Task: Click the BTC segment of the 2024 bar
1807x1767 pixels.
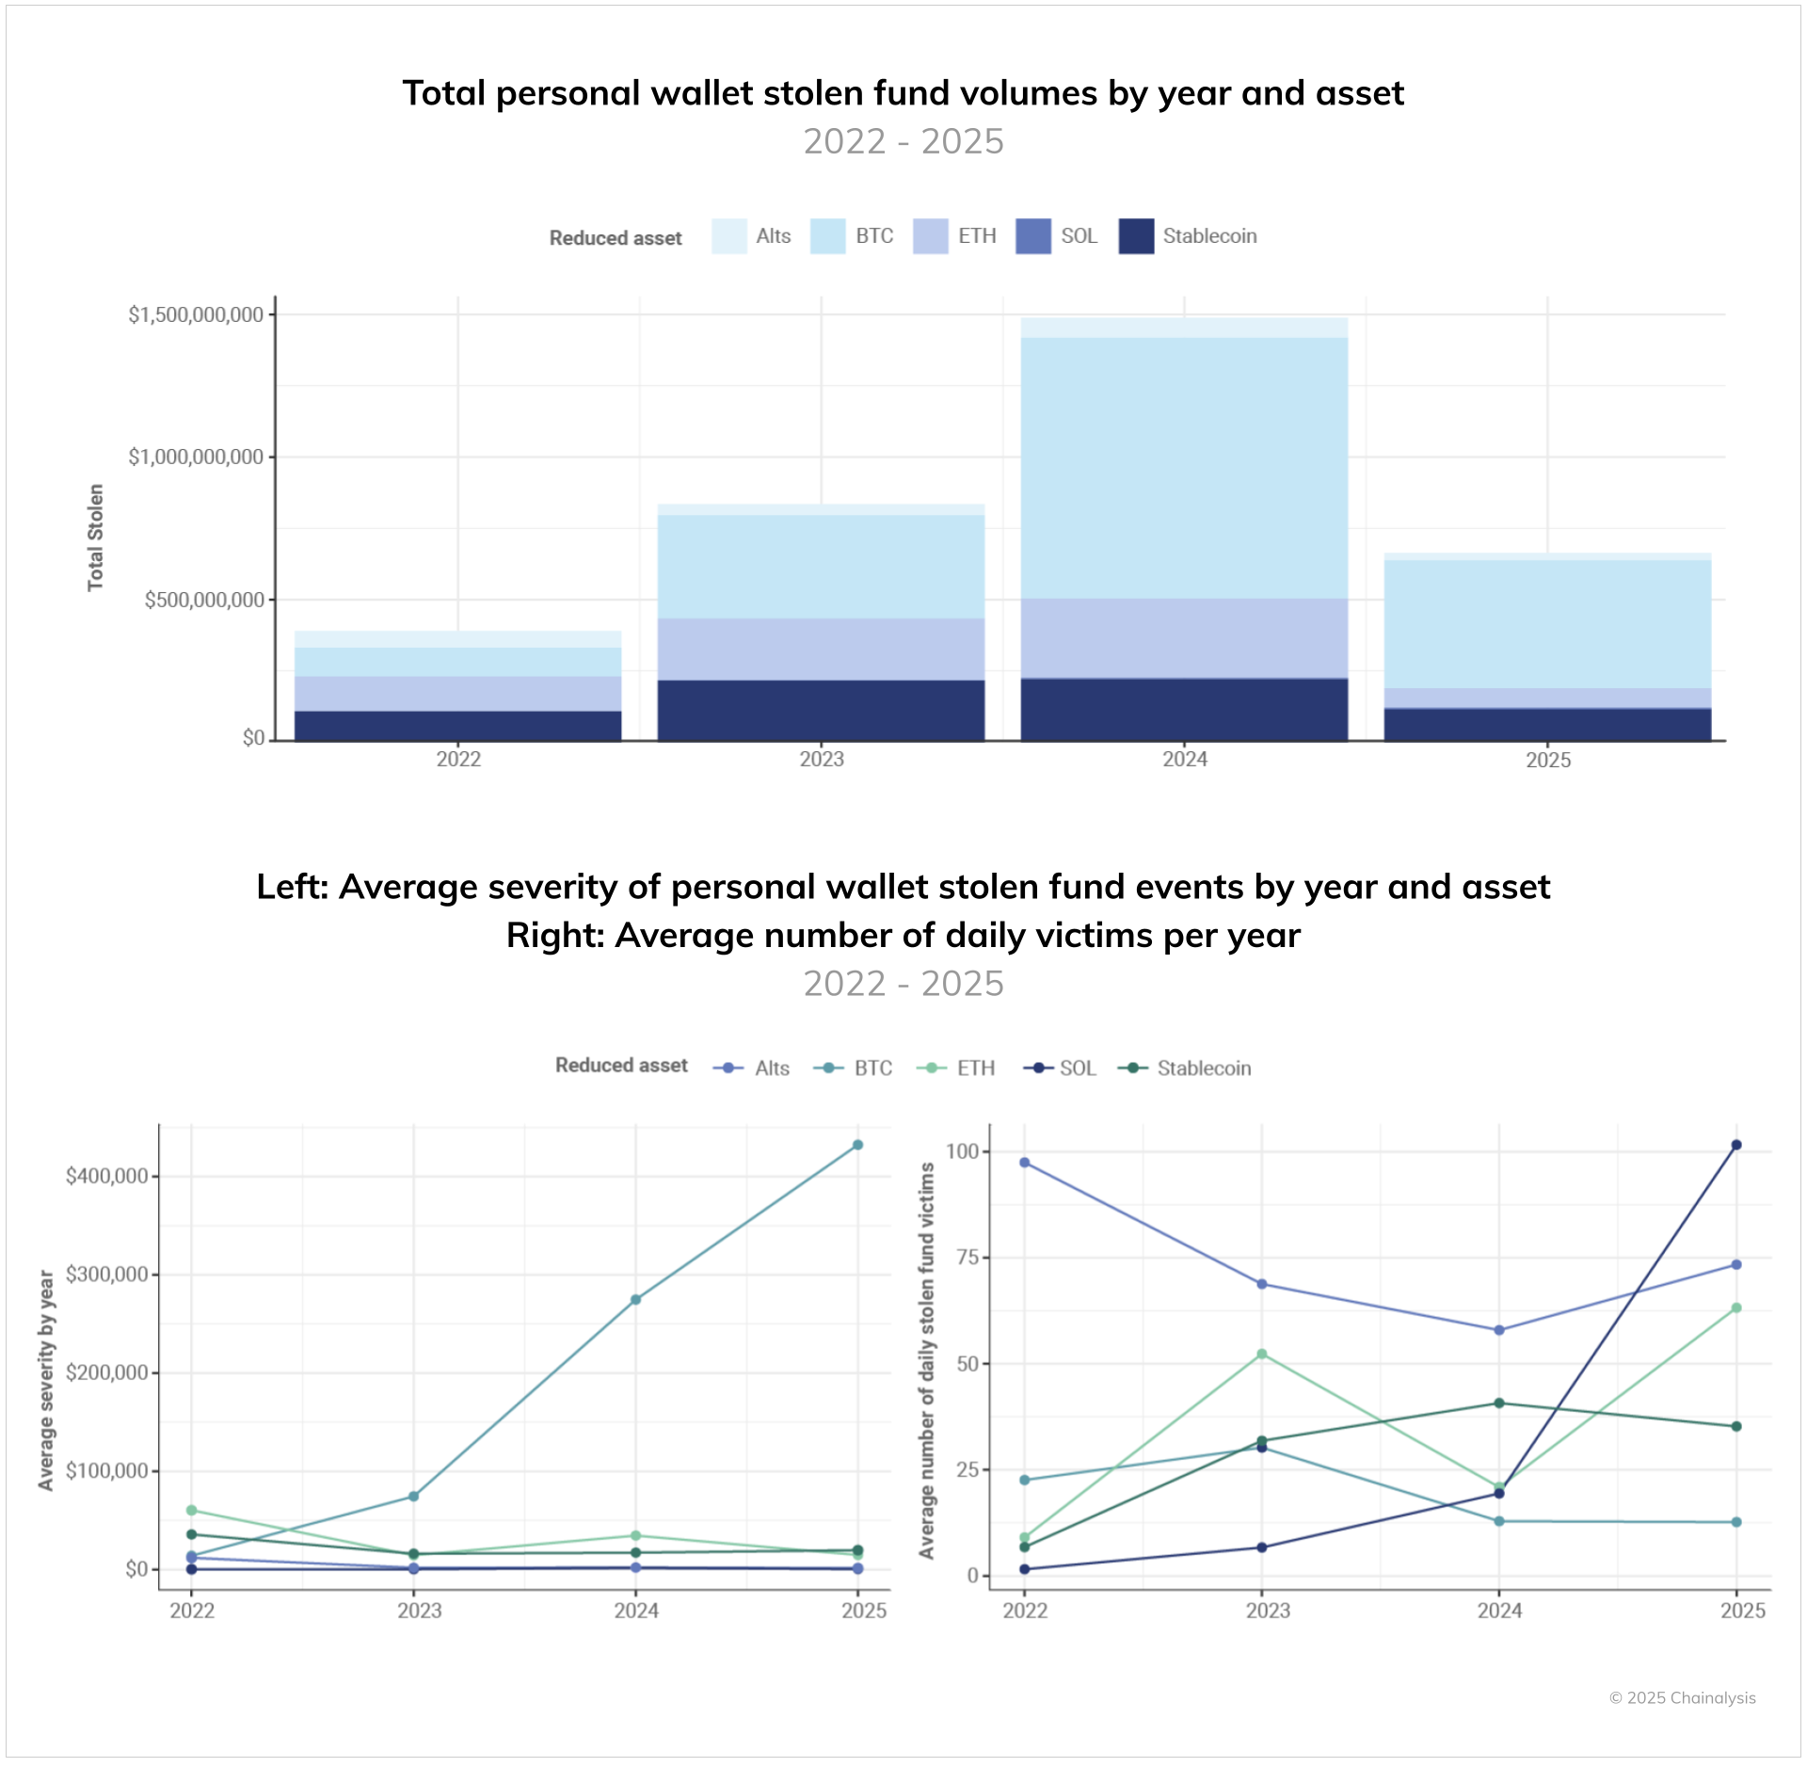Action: (x=1184, y=468)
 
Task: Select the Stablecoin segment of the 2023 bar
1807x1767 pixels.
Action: (x=821, y=710)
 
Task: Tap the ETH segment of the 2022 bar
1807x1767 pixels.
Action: (x=457, y=693)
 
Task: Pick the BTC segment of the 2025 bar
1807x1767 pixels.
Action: (x=1547, y=624)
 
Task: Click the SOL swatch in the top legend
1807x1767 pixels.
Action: (x=1032, y=236)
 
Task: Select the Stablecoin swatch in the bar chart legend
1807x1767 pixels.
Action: (x=1136, y=236)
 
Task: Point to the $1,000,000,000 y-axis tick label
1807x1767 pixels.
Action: (x=196, y=458)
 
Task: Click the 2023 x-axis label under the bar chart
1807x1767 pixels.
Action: (x=821, y=760)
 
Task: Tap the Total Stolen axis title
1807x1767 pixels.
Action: (x=95, y=538)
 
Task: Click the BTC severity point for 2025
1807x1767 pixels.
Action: (x=857, y=1145)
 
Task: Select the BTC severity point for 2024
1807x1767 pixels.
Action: (x=635, y=1299)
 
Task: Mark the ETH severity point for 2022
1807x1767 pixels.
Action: (x=192, y=1510)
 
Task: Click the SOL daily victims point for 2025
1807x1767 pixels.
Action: (x=1736, y=1145)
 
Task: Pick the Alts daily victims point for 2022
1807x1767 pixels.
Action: (x=1025, y=1163)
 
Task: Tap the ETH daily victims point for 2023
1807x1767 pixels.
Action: (x=1262, y=1354)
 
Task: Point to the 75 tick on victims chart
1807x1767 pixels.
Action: (x=967, y=1258)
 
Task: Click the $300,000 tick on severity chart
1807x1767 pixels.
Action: (x=106, y=1275)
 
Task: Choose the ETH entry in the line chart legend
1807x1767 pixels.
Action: (x=975, y=1068)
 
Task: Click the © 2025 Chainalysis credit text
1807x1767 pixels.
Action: (x=1682, y=1697)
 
